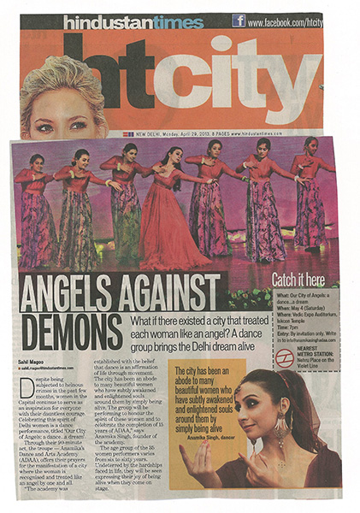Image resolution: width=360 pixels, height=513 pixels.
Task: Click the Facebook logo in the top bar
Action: [x=239, y=21]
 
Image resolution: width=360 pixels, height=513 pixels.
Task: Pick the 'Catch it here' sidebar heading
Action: [x=298, y=280]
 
